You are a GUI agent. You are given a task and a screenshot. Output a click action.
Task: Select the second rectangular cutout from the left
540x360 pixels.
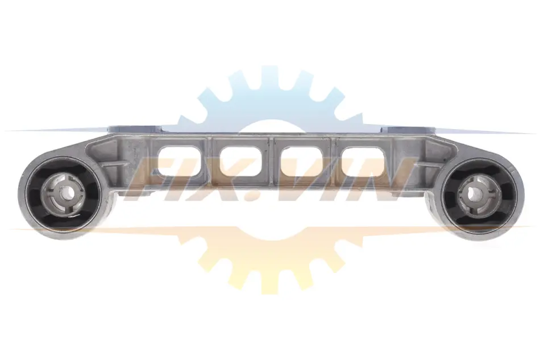[x=240, y=161]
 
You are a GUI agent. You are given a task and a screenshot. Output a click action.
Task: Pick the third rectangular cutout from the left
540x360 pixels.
[x=302, y=161]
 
